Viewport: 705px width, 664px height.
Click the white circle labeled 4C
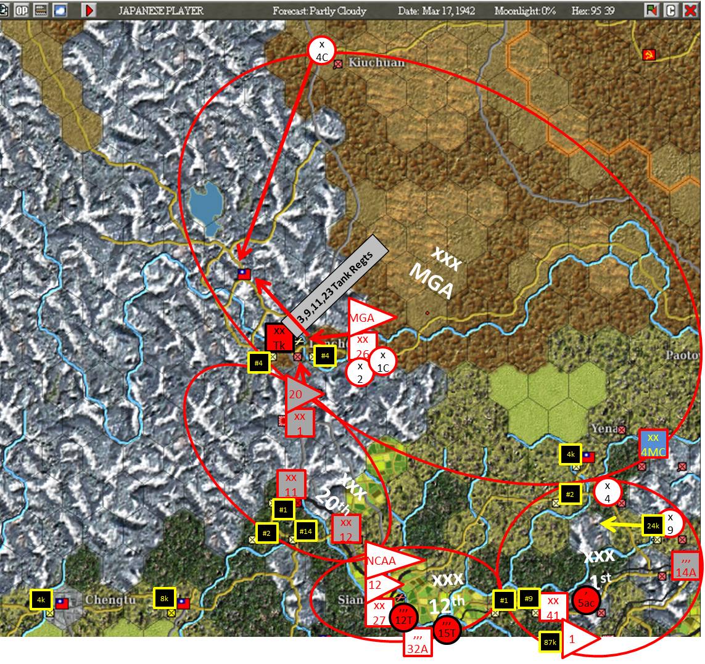pyautogui.click(x=321, y=50)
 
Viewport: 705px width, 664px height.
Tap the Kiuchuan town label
pyautogui.click(x=376, y=63)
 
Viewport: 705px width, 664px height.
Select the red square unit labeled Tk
pyautogui.click(x=279, y=338)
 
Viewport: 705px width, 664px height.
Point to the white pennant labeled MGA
pyautogui.click(x=368, y=318)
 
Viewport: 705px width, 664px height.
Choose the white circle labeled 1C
pyautogui.click(x=383, y=361)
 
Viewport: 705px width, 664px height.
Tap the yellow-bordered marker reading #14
pyautogui.click(x=305, y=531)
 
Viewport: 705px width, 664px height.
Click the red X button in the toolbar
pyautogui.click(x=690, y=10)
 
